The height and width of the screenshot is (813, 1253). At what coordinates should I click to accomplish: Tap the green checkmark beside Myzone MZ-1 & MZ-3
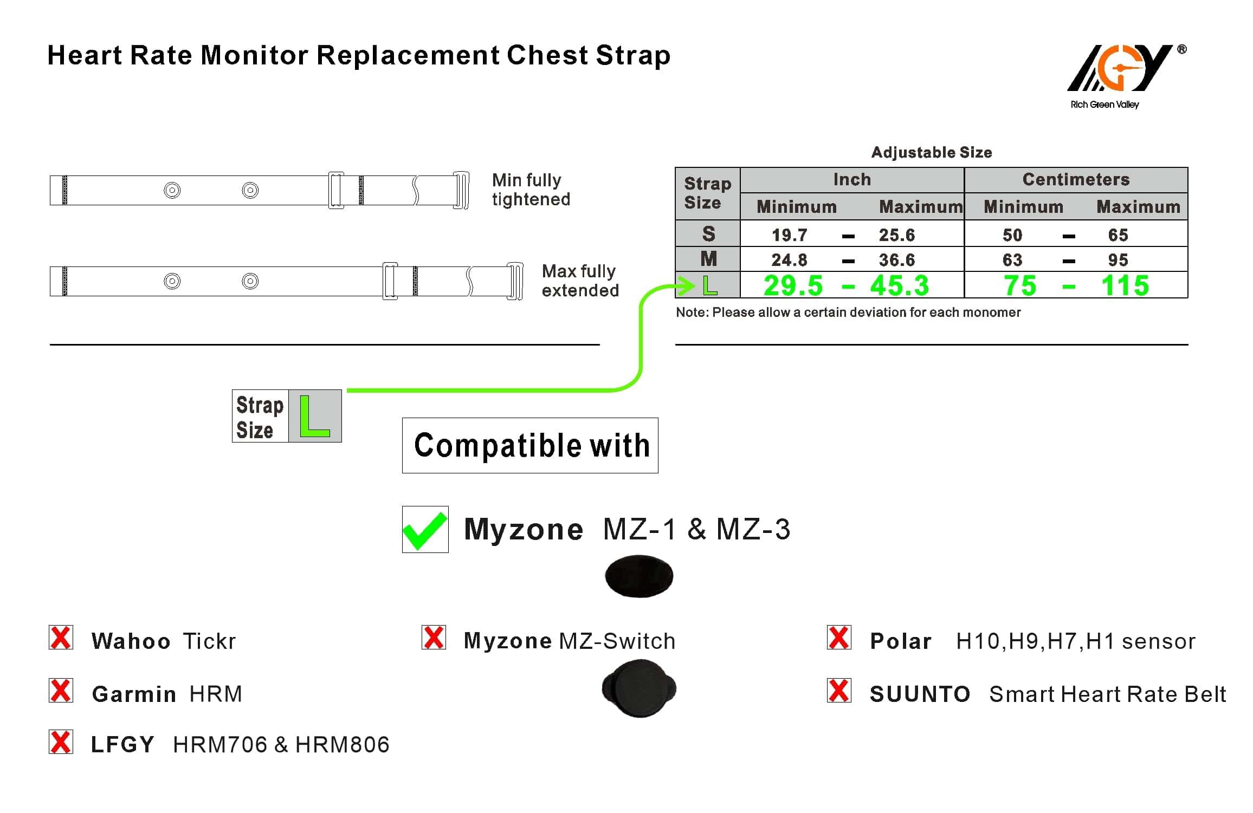pos(425,530)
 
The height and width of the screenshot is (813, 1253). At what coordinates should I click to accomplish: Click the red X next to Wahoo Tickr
pos(61,638)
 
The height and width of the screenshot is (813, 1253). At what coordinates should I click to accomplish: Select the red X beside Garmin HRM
pos(61,691)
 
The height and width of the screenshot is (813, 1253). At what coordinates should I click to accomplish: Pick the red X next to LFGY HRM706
pos(61,742)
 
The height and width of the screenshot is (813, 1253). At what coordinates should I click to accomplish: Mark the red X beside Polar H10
pos(839,638)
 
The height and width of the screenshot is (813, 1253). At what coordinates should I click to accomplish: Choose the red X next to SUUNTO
pos(839,691)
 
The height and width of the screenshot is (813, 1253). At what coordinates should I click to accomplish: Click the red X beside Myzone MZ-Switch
pos(434,638)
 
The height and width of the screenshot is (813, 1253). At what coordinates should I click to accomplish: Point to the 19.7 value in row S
pos(789,235)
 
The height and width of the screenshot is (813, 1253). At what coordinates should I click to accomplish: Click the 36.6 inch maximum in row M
pos(896,260)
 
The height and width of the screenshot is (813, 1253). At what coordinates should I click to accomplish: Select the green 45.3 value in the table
pos(899,285)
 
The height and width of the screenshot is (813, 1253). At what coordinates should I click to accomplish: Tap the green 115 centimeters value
pos(1125,285)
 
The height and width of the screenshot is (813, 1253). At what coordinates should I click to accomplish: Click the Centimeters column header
pos(1076,179)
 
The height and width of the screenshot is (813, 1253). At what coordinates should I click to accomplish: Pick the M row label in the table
pos(708,259)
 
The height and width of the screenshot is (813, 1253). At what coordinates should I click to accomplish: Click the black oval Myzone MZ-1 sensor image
pos(639,576)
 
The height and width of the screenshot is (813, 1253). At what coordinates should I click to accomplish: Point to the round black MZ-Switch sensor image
pos(640,688)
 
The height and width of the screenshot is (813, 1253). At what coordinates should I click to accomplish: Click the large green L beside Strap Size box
pos(314,416)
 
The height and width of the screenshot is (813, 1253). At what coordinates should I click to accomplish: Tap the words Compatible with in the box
pos(531,445)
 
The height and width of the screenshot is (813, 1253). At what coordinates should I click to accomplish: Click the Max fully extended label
pos(580,281)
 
